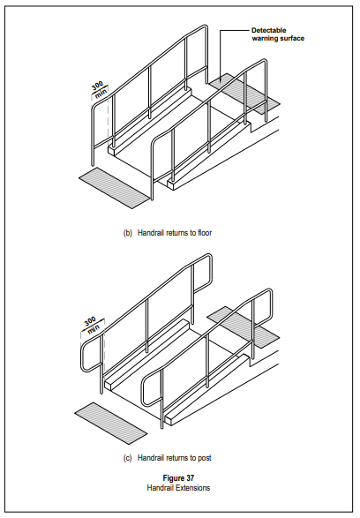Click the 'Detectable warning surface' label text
pyautogui.click(x=278, y=34)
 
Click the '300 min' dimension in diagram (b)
pyautogui.click(x=100, y=90)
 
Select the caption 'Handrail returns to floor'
pyautogui.click(x=175, y=233)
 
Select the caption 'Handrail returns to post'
pyautogui.click(x=175, y=458)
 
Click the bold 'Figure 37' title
pyautogui.click(x=178, y=477)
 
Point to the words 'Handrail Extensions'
pyautogui.click(x=178, y=488)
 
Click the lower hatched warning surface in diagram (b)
pyautogui.click(x=115, y=188)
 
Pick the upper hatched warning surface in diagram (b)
pyautogui.click(x=244, y=94)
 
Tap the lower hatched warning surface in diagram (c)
pyautogui.click(x=110, y=424)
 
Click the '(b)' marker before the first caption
pyautogui.click(x=127, y=233)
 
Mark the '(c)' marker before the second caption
pyautogui.click(x=127, y=458)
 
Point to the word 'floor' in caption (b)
pyautogui.click(x=205, y=233)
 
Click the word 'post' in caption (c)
pyautogui.click(x=205, y=458)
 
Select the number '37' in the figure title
pyautogui.click(x=190, y=477)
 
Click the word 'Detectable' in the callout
pyautogui.click(x=269, y=30)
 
